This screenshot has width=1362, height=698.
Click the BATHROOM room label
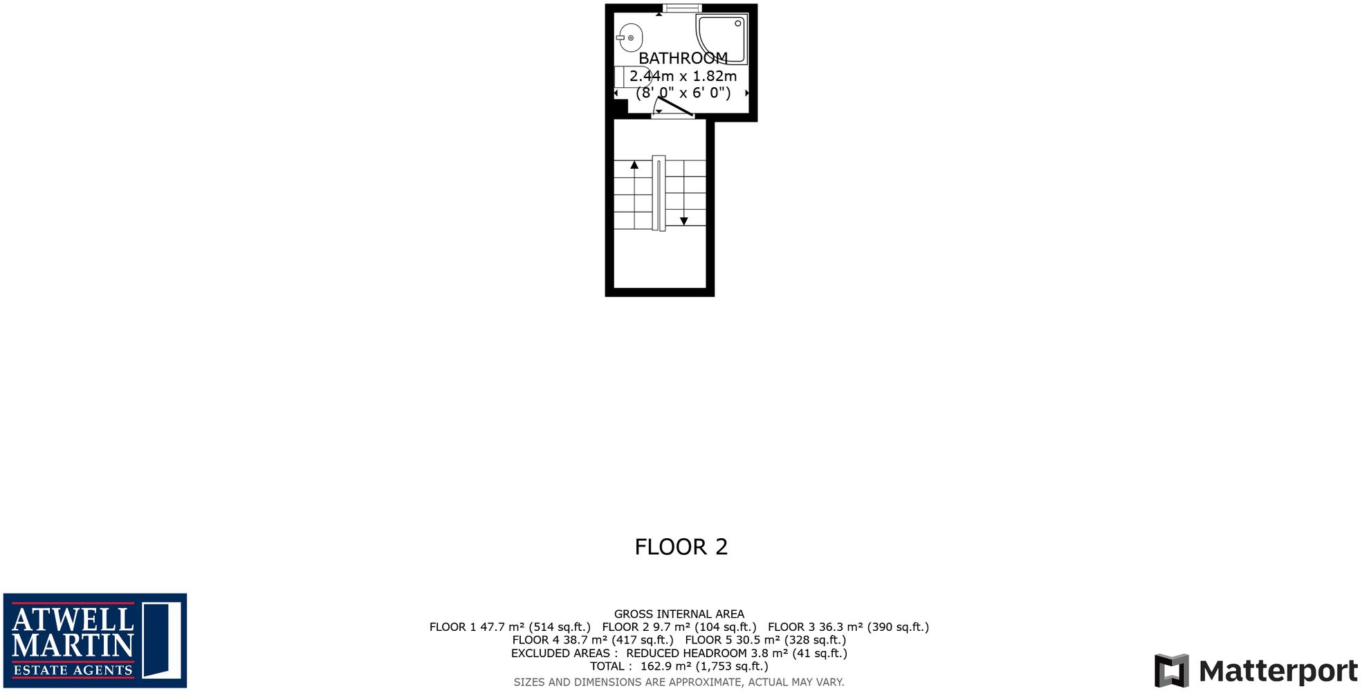pyautogui.click(x=683, y=58)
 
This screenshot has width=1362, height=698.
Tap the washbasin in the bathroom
pyautogui.click(x=630, y=37)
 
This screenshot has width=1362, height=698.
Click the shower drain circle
pyautogui.click(x=738, y=24)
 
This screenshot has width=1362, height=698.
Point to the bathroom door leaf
pyautogui.click(x=674, y=107)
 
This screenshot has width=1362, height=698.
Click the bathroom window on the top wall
pyautogui.click(x=682, y=8)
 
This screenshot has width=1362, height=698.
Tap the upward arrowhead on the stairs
pyautogui.click(x=634, y=165)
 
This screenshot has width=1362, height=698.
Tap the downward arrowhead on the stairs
pyautogui.click(x=683, y=221)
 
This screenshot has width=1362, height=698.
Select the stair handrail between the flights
pyautogui.click(x=659, y=193)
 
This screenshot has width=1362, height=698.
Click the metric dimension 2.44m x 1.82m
pyautogui.click(x=683, y=76)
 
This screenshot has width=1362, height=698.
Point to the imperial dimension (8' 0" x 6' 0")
pyautogui.click(x=683, y=93)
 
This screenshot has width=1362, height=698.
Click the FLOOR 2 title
pyautogui.click(x=681, y=547)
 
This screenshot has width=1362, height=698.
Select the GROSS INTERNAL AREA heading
pyautogui.click(x=679, y=614)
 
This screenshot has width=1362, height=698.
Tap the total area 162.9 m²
pyautogui.click(x=665, y=666)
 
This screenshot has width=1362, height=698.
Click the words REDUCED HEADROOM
pyautogui.click(x=686, y=653)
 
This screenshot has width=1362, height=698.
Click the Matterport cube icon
pyautogui.click(x=1171, y=670)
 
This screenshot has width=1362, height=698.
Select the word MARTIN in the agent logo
pyautogui.click(x=73, y=645)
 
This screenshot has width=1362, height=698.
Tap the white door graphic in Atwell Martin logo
pyautogui.click(x=162, y=640)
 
